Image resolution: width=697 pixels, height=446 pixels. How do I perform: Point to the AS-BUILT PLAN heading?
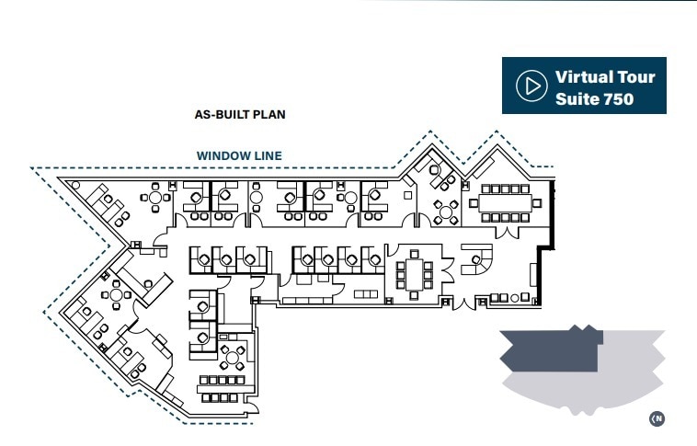tap(240, 115)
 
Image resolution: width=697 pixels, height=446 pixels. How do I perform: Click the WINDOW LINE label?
tap(239, 156)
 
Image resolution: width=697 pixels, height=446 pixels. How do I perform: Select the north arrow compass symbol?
tap(657, 418)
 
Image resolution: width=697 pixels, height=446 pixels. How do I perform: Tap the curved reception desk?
tap(475, 261)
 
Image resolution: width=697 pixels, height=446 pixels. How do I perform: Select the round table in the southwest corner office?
tap(117, 296)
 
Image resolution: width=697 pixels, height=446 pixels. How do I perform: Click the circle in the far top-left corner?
tap(75, 184)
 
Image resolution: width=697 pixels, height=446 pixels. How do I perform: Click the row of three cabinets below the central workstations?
tap(366, 293)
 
